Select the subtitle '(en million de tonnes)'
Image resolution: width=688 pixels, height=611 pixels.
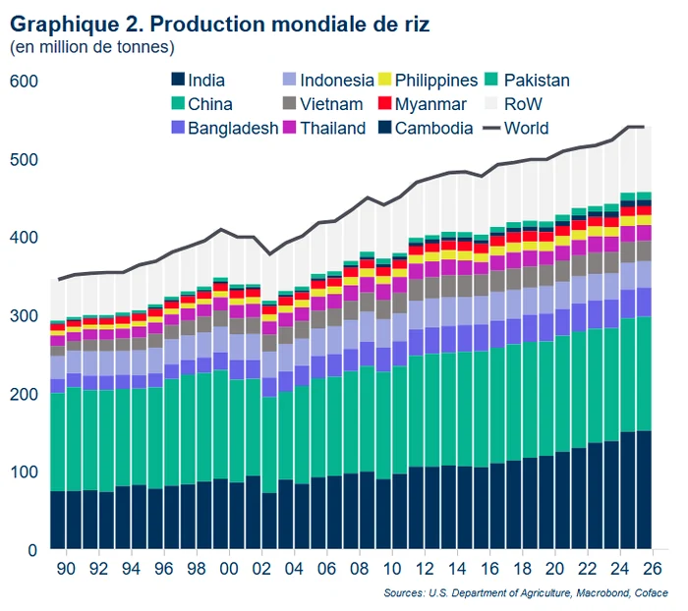92,46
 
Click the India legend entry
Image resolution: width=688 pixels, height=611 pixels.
204,81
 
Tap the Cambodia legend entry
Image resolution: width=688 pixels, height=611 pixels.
433,128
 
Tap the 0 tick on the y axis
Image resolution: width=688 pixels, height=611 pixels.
31,549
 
